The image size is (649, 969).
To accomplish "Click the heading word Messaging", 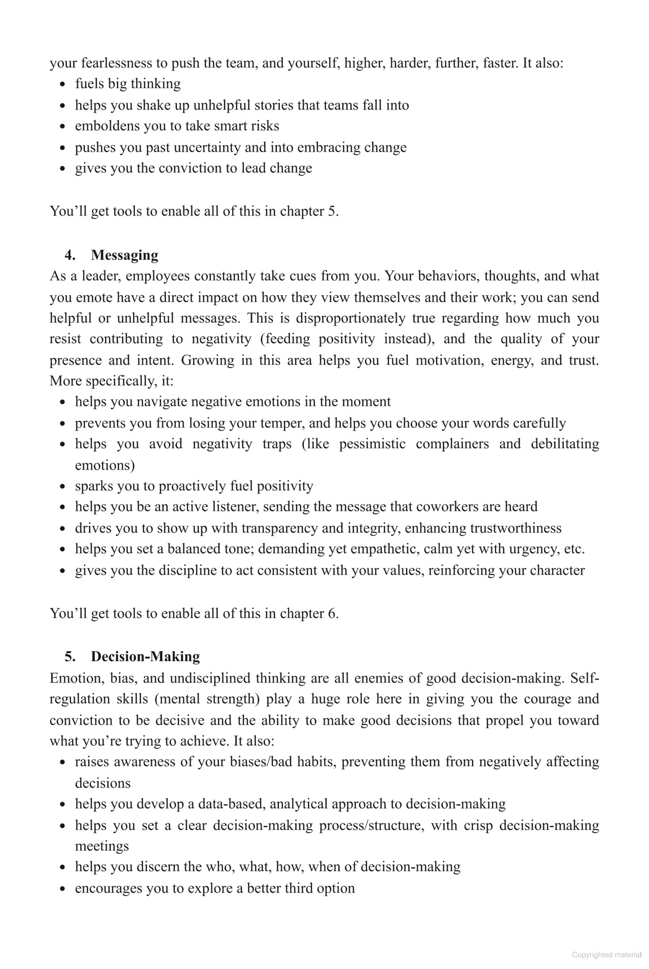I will point(124,255).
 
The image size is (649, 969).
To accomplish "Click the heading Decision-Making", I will point(145,657).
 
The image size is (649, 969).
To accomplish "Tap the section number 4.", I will point(70,255).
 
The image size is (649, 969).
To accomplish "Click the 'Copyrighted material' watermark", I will point(606,955).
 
